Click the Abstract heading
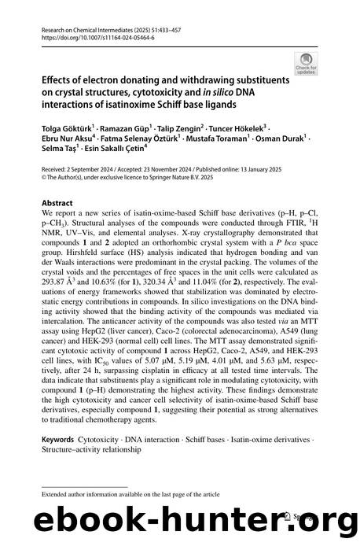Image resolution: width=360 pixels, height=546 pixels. click(57, 201)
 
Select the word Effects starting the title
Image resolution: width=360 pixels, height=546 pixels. click(58, 80)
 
